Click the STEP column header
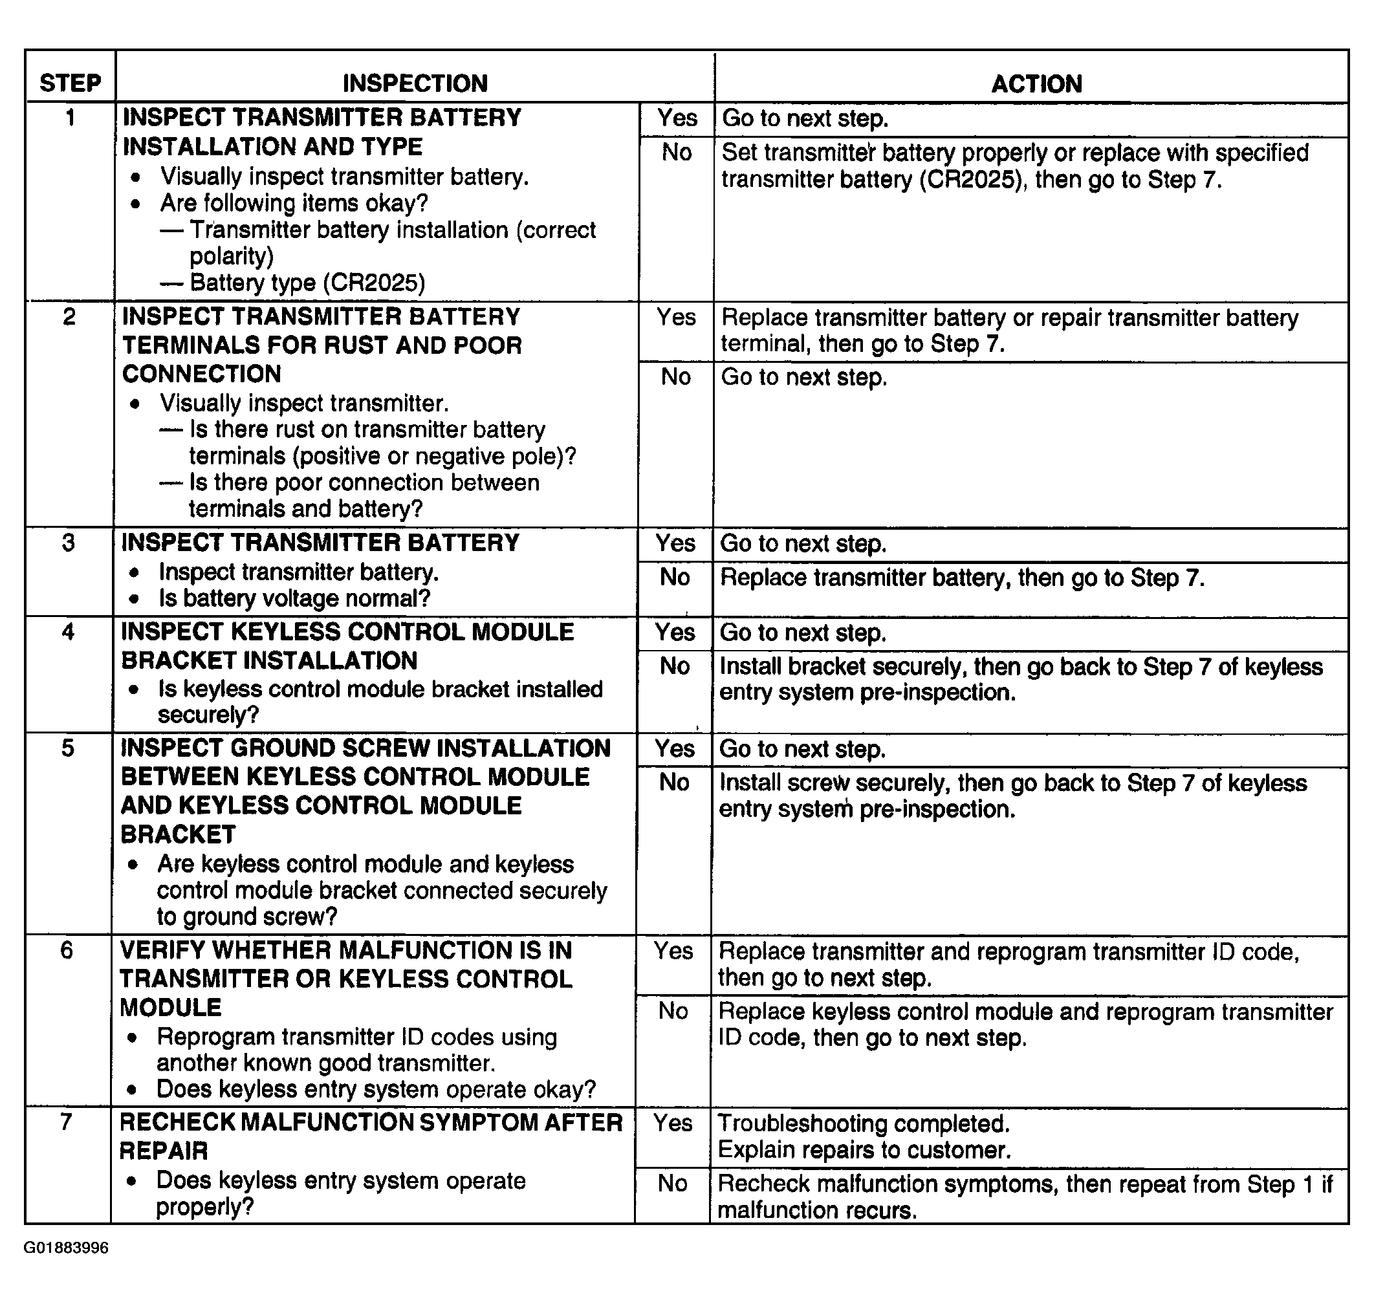(x=70, y=83)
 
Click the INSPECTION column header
(x=415, y=83)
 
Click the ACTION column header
(x=1036, y=84)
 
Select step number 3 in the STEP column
(x=68, y=542)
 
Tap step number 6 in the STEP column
(x=67, y=949)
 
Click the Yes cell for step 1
(x=677, y=118)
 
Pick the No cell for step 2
(x=675, y=377)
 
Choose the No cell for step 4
(x=674, y=666)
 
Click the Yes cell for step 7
(x=673, y=1123)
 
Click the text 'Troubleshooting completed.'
(x=863, y=1123)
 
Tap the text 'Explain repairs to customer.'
(x=864, y=1150)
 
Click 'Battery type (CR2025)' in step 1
(x=307, y=283)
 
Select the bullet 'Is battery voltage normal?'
(x=294, y=598)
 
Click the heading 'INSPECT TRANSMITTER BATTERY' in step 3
(x=320, y=542)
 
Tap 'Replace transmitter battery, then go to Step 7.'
(x=961, y=578)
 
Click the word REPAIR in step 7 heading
(x=163, y=1151)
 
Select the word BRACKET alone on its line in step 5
(x=178, y=834)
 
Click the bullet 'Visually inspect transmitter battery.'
(x=344, y=177)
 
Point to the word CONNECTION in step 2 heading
(x=201, y=374)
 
